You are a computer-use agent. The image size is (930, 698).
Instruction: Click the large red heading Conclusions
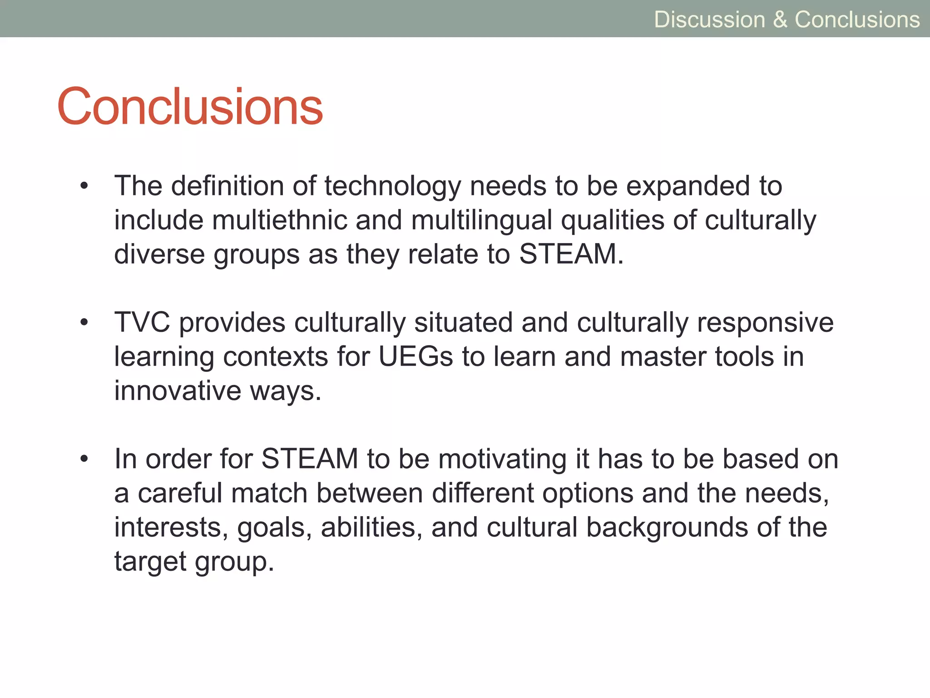[190, 107]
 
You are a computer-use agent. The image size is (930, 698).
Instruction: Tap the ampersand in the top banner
[780, 20]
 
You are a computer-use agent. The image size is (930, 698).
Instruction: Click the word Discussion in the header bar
[709, 20]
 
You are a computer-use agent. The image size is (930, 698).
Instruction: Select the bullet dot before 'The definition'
[84, 186]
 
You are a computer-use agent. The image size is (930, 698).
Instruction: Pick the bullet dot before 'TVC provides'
[84, 323]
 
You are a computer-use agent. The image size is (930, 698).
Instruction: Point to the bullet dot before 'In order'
[84, 459]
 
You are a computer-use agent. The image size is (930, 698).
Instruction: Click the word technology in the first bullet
[392, 187]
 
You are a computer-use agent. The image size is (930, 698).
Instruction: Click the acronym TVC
[142, 323]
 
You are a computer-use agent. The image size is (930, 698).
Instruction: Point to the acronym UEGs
[416, 357]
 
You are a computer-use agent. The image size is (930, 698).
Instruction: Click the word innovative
[177, 391]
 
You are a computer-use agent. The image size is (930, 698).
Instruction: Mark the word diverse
[159, 254]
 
